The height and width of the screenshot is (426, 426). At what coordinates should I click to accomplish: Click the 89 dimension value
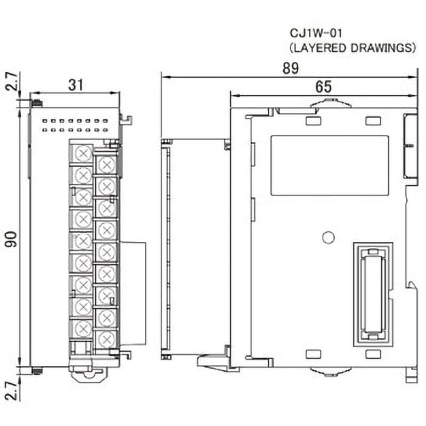click(291, 68)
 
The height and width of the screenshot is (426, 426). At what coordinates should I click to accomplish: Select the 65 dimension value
click(323, 86)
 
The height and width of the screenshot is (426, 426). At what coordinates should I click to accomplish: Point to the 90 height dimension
click(11, 239)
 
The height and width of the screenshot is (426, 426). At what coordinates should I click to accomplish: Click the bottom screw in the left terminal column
click(83, 329)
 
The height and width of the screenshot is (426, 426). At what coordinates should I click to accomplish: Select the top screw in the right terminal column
click(106, 163)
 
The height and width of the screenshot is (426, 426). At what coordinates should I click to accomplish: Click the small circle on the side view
click(329, 237)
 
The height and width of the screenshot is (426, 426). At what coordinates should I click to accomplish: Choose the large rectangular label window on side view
click(330, 166)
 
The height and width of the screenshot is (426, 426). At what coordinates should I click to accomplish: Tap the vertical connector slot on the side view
click(373, 293)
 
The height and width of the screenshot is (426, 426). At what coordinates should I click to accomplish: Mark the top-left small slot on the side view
click(314, 121)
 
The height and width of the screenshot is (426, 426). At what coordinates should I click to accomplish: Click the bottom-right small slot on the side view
click(373, 354)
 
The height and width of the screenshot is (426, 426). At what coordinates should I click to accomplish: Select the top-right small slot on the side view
click(373, 121)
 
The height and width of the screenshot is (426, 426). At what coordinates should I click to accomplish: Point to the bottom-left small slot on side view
click(314, 354)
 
